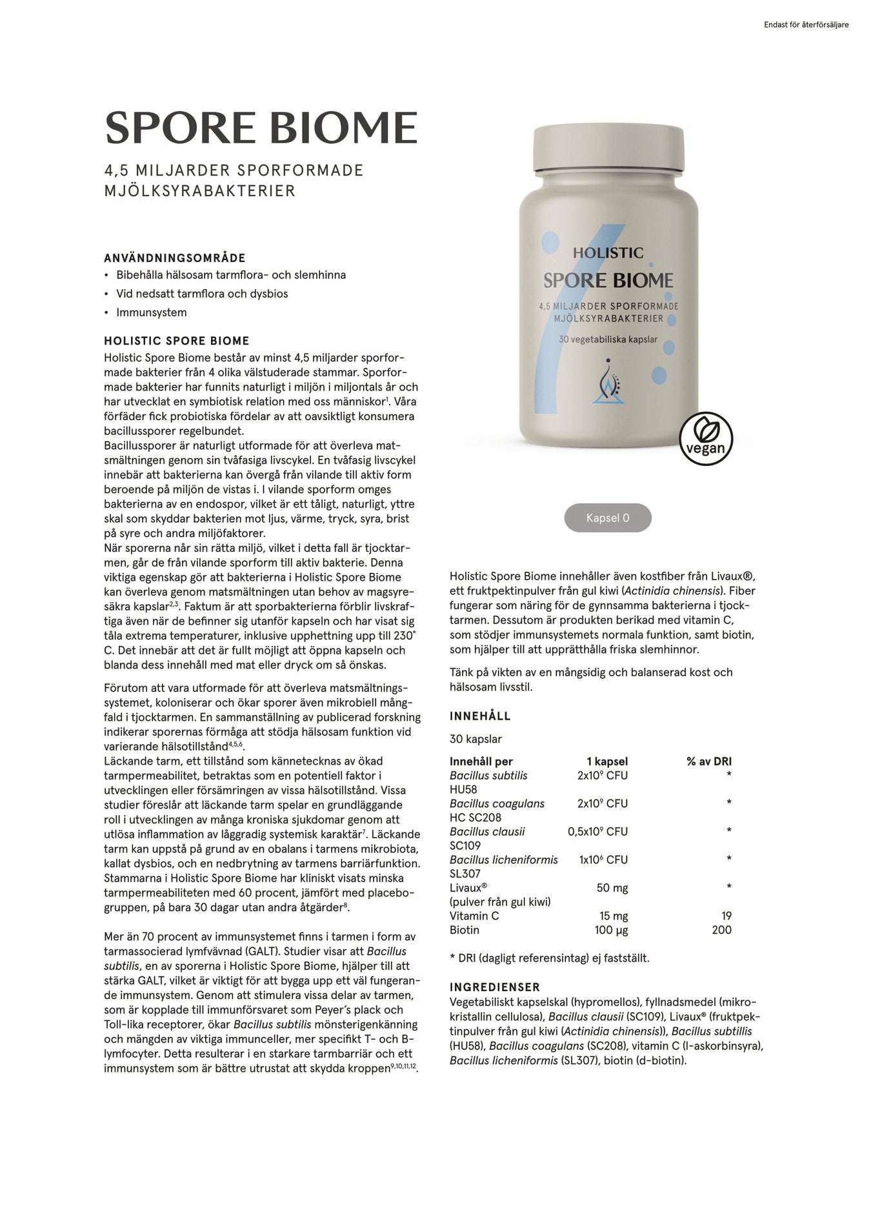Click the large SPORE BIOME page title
tap(261, 128)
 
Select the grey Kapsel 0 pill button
tap(608, 518)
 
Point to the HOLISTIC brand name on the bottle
tap(608, 253)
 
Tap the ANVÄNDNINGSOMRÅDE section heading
tap(175, 258)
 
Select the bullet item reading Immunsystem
tap(152, 312)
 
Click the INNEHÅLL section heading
tap(480, 716)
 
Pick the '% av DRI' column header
tap(708, 762)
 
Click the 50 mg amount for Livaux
tap(612, 888)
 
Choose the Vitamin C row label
tap(474, 916)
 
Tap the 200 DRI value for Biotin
tap(721, 930)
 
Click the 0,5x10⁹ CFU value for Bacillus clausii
tap(597, 832)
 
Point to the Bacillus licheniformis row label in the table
tap(504, 860)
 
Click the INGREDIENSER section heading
tap(495, 987)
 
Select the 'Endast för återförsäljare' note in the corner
tap(806, 25)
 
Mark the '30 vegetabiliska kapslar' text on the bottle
tap(608, 339)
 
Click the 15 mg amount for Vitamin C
tap(614, 916)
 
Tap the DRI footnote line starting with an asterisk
tap(550, 958)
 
